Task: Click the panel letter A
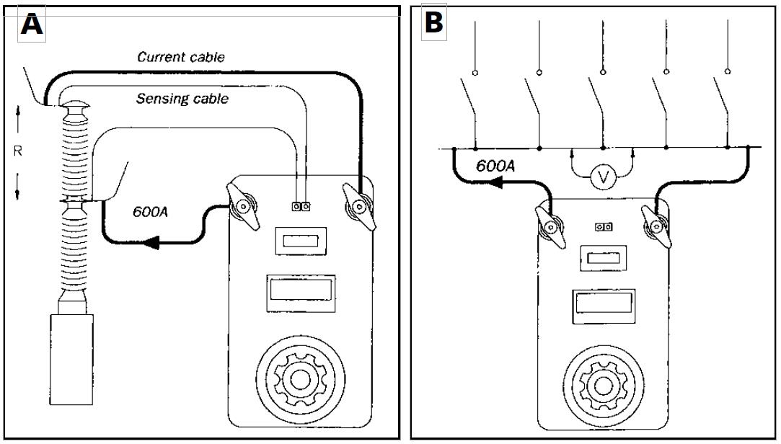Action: click(x=31, y=25)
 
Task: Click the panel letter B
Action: click(x=433, y=22)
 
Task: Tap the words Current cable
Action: click(x=181, y=58)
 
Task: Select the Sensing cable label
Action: click(x=182, y=99)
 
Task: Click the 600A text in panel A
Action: click(x=152, y=213)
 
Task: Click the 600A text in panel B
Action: click(x=495, y=166)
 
